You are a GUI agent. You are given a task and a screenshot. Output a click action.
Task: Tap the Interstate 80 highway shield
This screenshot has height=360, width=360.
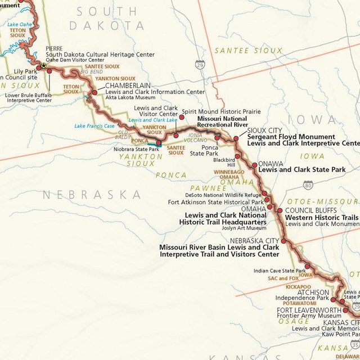pos(308,184)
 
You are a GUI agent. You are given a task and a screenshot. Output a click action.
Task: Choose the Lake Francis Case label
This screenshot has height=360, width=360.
pos(95,126)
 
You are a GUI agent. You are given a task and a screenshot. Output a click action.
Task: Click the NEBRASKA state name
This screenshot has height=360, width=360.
pos(92,195)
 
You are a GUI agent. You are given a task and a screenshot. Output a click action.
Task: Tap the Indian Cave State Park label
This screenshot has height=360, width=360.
pos(280,271)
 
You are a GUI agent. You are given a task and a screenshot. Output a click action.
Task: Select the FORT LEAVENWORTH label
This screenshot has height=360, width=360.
pos(309,310)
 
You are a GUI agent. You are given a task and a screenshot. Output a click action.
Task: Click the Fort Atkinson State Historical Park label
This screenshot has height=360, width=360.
pos(215,202)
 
